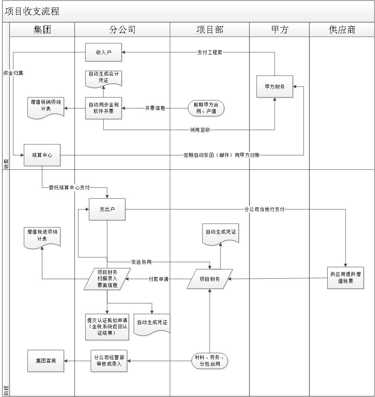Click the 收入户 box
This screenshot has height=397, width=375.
coord(103,52)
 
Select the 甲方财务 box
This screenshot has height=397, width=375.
coord(275,87)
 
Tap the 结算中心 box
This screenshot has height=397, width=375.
coord(42,155)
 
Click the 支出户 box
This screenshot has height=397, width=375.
coord(107,209)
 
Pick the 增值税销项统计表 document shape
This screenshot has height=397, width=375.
coord(45,108)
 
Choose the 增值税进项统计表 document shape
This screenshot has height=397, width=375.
coord(42,238)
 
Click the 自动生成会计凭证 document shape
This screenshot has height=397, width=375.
coord(103,79)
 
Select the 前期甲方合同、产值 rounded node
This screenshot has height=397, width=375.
coord(206,108)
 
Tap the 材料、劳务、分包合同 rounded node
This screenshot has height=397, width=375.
coord(210,361)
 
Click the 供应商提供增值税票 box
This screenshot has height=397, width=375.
coord(345,278)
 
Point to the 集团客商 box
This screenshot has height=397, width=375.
coord(45,361)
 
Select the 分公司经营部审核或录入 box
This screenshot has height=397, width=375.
coord(109,361)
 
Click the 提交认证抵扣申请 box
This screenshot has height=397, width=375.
coord(107,327)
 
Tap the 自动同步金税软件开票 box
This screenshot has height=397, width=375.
coord(103,108)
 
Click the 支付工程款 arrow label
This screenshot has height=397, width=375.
coord(210,52)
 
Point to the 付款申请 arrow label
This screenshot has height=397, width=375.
coord(158,279)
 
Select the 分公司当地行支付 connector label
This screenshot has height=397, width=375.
coord(264,210)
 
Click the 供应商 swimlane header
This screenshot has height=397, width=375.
coord(342,30)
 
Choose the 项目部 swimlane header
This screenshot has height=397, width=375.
coord(210,30)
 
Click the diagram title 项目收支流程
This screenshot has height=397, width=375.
coord(32,11)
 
